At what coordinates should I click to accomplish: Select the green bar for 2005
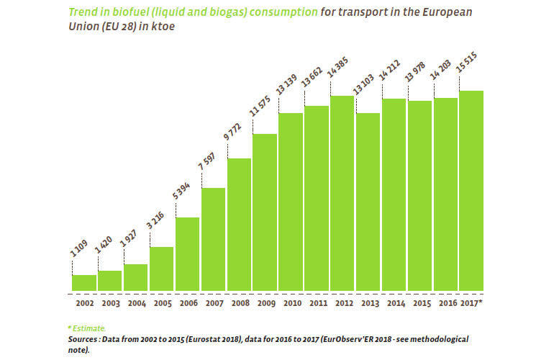[162, 269]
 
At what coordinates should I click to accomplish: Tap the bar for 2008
[240, 225]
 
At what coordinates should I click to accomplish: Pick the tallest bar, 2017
[471, 191]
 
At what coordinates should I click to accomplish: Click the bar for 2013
[368, 202]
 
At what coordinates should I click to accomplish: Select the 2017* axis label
[471, 303]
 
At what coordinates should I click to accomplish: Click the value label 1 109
[81, 257]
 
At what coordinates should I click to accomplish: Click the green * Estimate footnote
[87, 328]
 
